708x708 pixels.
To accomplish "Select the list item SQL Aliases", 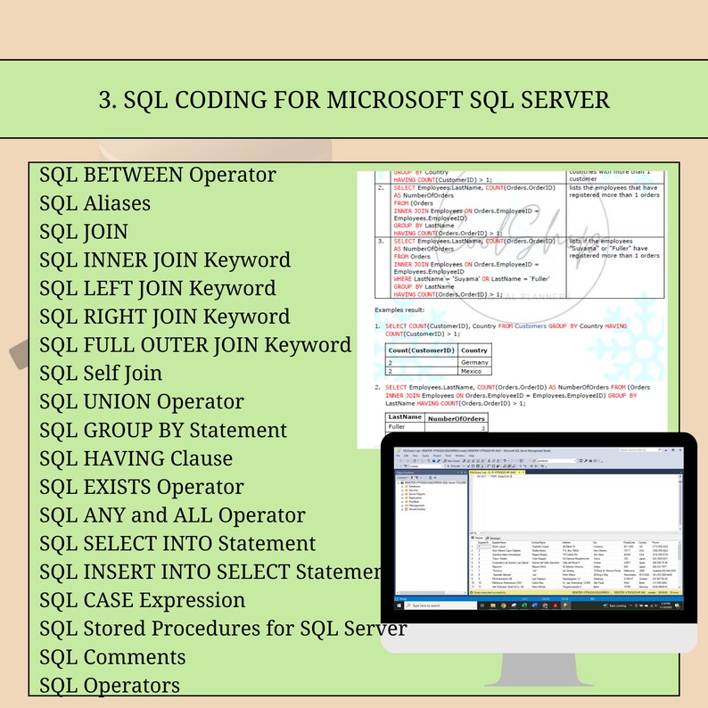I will click(95, 203).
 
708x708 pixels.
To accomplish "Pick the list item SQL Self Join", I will click(101, 373).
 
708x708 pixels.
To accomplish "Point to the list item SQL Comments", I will click(112, 657).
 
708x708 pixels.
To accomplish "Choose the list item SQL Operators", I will click(110, 685).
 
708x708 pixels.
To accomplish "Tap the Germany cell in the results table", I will click(474, 362).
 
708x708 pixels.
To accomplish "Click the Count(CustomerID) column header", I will click(421, 350).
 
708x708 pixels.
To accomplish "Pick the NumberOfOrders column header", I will click(457, 418).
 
